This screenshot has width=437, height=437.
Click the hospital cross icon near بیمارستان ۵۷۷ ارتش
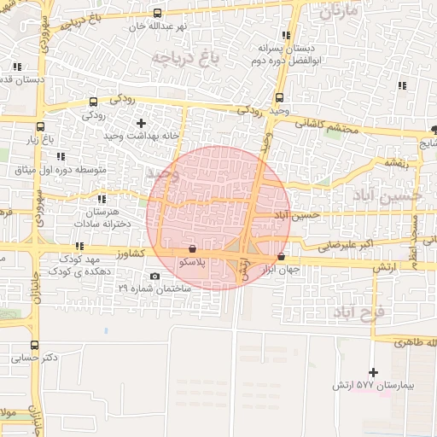[373, 372]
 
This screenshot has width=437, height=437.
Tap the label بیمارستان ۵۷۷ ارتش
[373, 387]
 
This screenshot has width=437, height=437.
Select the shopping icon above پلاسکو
[192, 248]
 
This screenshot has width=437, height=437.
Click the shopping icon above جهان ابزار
[281, 257]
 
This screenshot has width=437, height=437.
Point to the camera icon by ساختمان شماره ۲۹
[154, 277]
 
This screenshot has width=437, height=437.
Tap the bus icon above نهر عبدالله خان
[156, 13]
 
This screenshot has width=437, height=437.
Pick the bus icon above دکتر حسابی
[34, 346]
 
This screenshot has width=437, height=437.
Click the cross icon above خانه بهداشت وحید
[141, 123]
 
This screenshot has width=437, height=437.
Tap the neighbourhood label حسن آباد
[388, 195]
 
